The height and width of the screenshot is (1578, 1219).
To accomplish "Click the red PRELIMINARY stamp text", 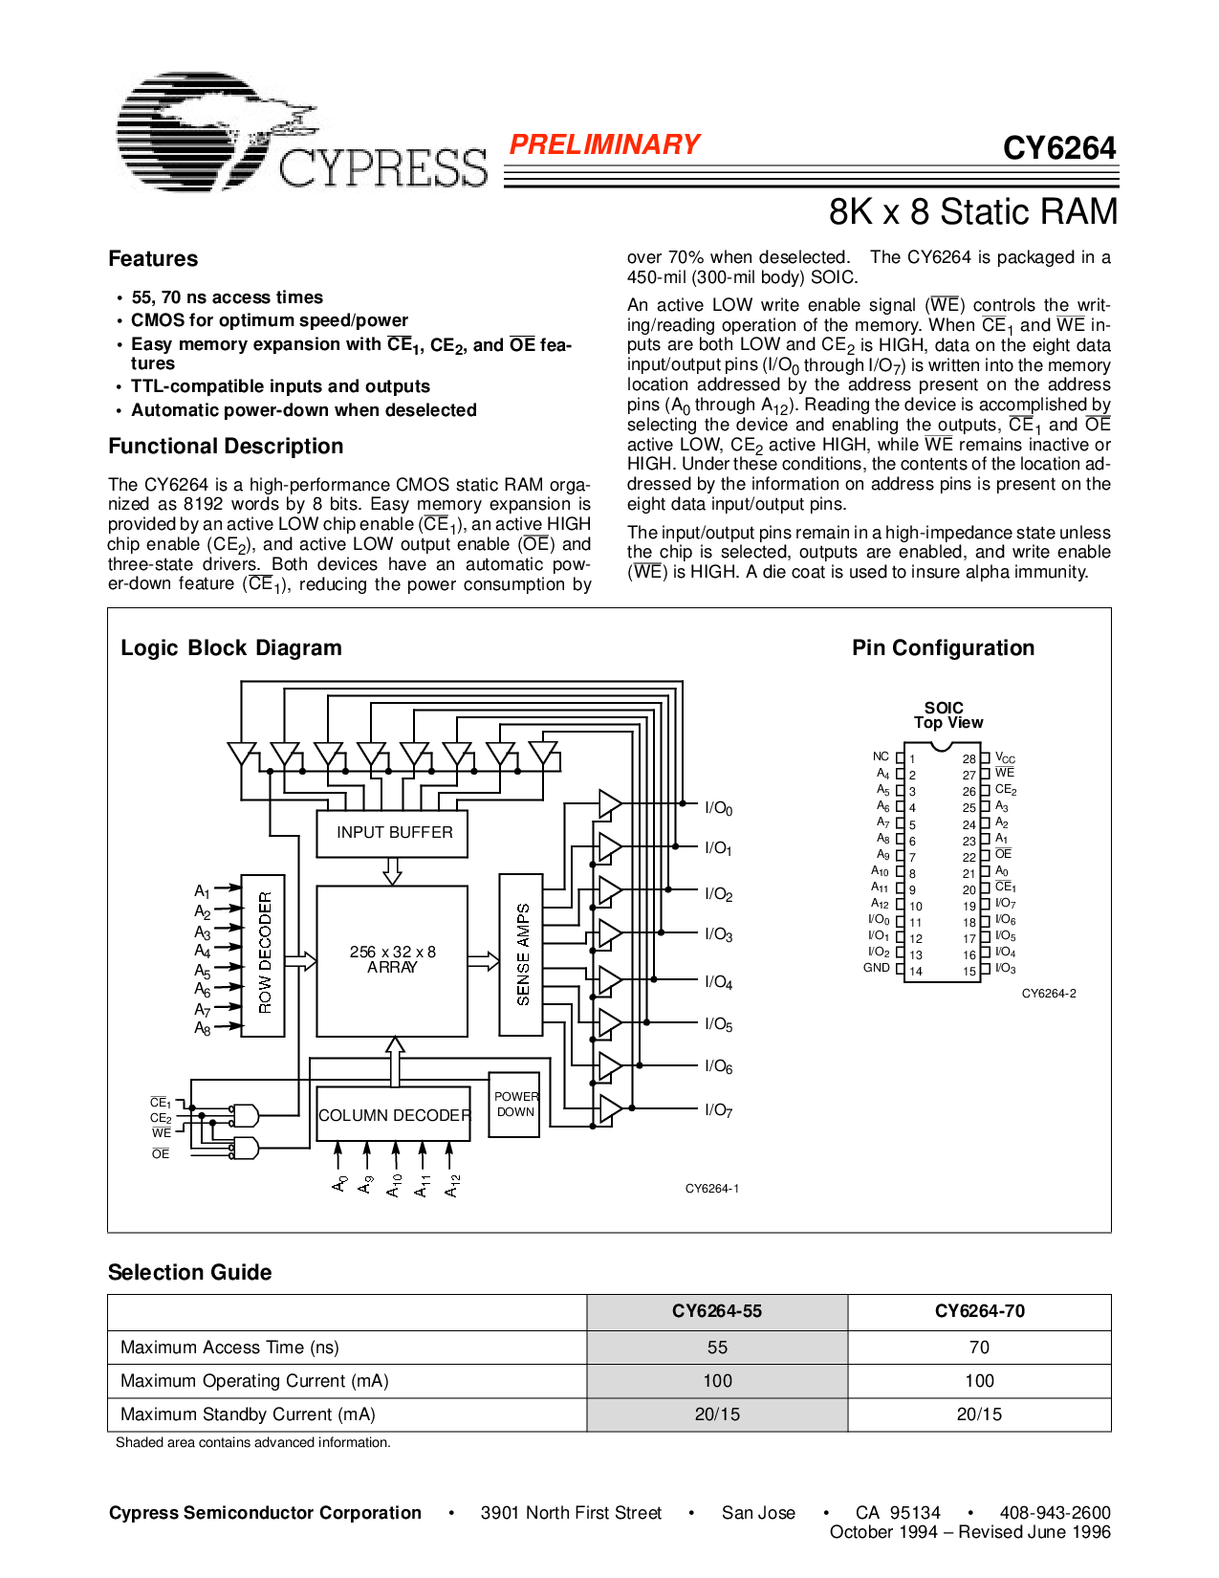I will [x=604, y=144].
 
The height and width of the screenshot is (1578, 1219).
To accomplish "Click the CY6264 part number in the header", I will [x=1058, y=148].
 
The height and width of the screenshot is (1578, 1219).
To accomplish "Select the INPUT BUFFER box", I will [x=393, y=833].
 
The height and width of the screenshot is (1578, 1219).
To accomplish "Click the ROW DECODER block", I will [x=264, y=953].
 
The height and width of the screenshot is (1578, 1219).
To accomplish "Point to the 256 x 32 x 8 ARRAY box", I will [x=392, y=959].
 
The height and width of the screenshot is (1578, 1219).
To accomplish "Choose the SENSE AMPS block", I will [x=522, y=953].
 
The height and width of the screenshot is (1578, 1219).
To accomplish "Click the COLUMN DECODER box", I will [x=393, y=1115].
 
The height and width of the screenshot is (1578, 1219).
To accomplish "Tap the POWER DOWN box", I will [x=515, y=1105].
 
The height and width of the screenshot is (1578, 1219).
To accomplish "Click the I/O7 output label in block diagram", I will [x=718, y=1110].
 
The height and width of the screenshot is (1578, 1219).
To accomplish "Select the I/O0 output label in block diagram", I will [x=718, y=809].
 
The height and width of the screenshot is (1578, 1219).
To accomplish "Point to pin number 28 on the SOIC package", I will [x=969, y=759].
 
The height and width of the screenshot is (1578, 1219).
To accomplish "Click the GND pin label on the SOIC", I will [x=877, y=968].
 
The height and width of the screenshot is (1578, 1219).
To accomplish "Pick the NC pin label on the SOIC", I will [x=881, y=756].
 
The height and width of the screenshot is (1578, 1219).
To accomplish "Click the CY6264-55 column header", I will [x=716, y=1311].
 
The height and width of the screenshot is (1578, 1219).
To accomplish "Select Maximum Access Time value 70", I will [x=979, y=1348].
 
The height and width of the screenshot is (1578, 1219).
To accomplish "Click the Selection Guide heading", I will [x=189, y=1273].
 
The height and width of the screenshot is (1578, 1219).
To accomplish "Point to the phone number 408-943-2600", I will [x=1055, y=1513].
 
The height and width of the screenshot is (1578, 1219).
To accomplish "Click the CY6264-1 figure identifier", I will [x=712, y=1189].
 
